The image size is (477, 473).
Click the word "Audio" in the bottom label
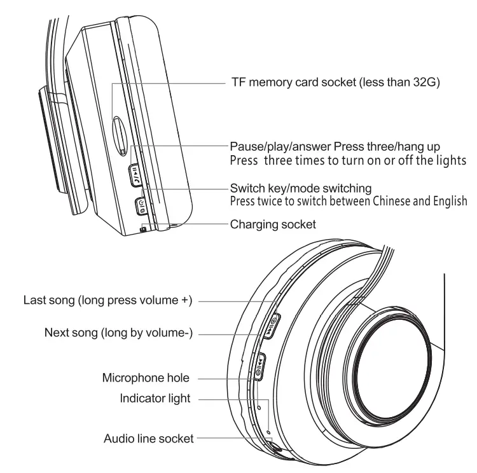(x=118, y=438)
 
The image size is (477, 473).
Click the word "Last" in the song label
(x=34, y=299)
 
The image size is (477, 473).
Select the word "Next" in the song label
(x=56, y=332)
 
